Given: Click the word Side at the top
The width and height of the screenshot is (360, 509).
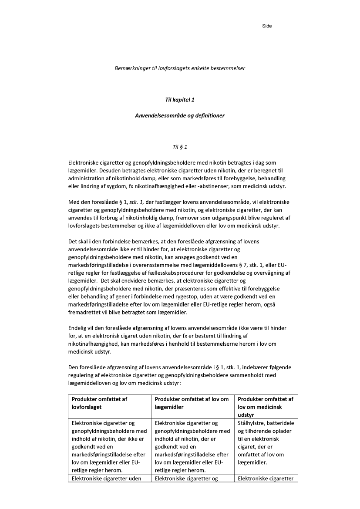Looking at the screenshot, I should [267, 26].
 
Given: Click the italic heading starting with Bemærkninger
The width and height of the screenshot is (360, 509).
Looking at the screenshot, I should [180, 68].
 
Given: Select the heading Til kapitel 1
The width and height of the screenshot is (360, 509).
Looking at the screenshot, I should [180, 100].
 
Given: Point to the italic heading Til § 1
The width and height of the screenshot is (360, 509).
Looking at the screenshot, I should [180, 147].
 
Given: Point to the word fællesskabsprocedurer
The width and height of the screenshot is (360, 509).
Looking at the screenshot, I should [178, 273].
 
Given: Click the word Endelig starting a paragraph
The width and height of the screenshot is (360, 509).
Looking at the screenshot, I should [77, 328].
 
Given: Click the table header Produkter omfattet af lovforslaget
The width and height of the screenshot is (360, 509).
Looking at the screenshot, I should [99, 403].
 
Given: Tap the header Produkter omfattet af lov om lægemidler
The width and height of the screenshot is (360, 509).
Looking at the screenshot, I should [192, 403].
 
